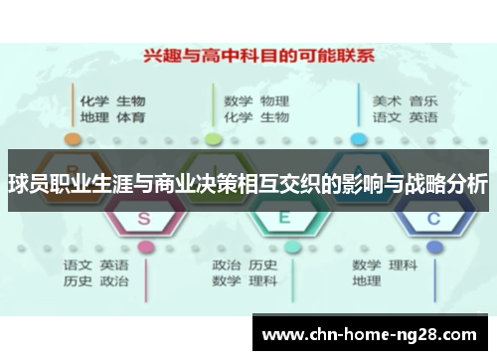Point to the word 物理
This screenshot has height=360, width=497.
tap(274, 100)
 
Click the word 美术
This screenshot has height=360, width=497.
tap(387, 100)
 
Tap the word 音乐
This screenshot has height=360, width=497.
tap(423, 100)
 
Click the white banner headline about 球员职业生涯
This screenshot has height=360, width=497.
tap(248, 183)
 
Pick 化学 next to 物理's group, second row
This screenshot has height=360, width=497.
tap(238, 117)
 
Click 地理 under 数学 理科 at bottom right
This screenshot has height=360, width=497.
tap(367, 281)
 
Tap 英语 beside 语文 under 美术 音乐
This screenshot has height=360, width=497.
tap(423, 117)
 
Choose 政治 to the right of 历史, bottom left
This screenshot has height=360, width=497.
tap(114, 281)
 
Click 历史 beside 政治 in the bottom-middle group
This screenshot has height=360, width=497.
tap(263, 265)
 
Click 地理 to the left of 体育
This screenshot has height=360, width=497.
tap(94, 117)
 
